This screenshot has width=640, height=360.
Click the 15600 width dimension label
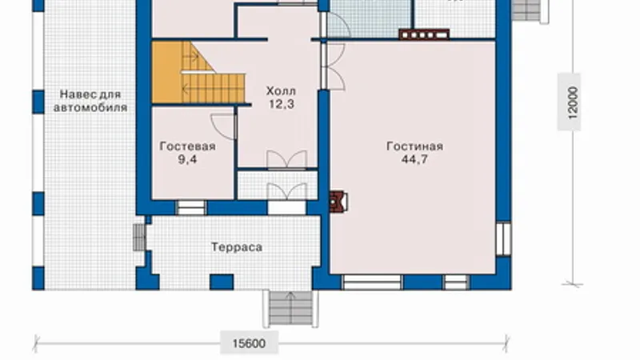pos(249,343)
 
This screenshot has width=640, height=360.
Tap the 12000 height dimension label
pos(573,102)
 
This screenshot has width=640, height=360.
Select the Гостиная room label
pos(414,146)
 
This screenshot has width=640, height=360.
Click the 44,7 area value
pos(414,159)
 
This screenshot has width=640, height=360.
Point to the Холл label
pos(282,90)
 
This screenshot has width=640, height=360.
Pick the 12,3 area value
pos(282,104)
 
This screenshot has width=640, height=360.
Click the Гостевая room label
pos(187,146)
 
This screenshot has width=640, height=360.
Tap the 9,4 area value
pos(187,159)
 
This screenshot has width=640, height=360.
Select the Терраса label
pos(237,247)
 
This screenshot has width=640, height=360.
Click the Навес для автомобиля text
pos(90,101)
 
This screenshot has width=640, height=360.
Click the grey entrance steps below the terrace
pos(290,308)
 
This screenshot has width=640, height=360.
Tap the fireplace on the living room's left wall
pos(338,202)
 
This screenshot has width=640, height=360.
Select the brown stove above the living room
pos(424,34)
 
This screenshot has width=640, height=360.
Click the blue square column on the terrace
pos(222,282)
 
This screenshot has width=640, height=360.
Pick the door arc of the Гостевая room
pos(223,126)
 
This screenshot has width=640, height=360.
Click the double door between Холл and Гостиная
pos(334,66)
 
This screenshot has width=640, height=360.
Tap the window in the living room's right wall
pos(503,238)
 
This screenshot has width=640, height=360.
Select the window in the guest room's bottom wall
pos(191,207)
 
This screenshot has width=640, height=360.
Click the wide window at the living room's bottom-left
pos(372,282)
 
